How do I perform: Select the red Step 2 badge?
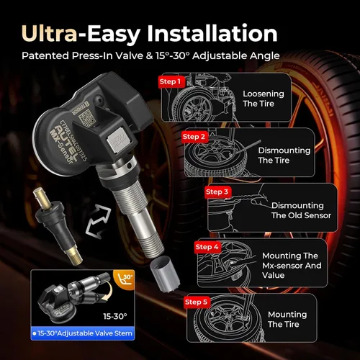tap(194, 136)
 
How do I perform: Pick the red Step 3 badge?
tap(217, 192)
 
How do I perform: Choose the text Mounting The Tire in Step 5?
tap(287, 320)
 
